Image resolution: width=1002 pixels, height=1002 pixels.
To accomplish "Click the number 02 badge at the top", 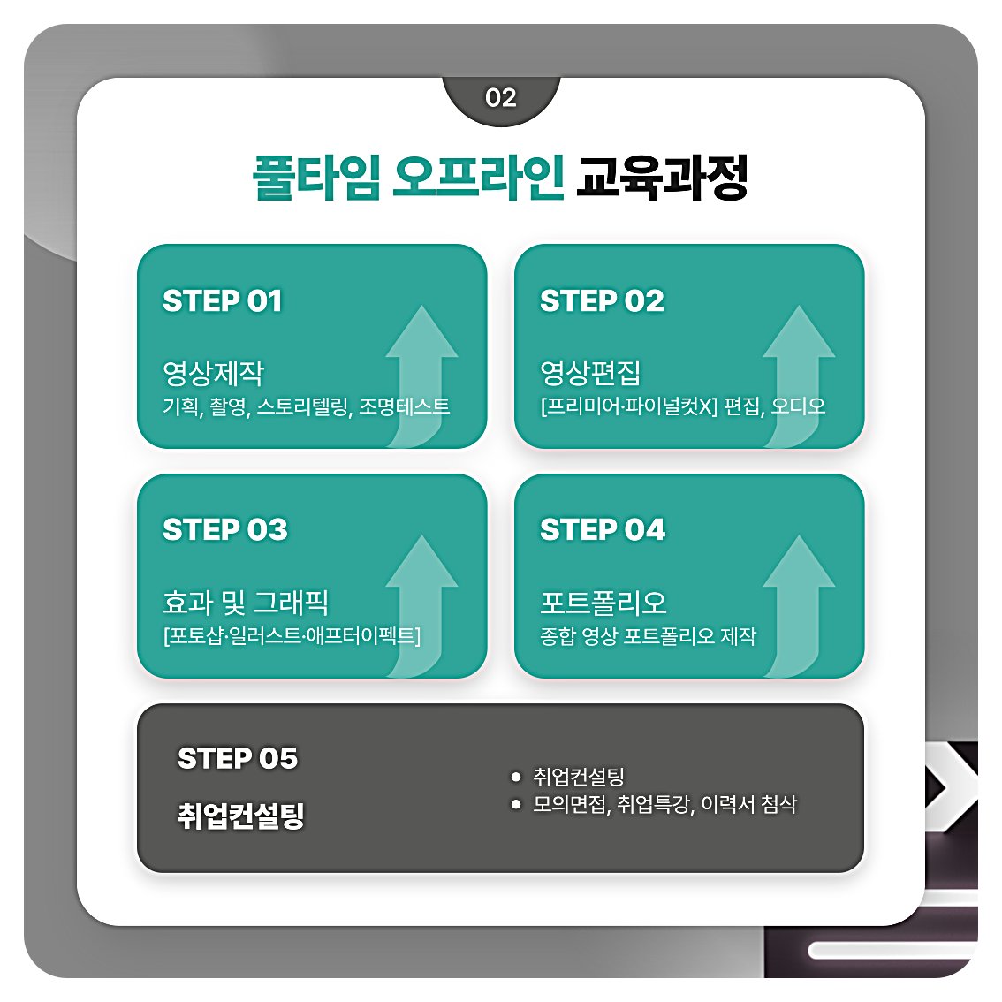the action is point(501,97).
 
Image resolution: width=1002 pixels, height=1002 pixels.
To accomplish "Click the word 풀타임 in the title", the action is point(316,178).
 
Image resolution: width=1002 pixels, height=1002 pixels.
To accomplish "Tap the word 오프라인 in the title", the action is point(478,178).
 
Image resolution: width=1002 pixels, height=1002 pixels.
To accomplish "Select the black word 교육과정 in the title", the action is point(662,178).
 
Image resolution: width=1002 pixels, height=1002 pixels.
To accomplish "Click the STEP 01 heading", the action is point(223,301).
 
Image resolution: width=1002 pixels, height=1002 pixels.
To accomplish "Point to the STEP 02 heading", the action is point(602,301).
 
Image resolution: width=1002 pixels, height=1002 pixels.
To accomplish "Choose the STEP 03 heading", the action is point(225,529).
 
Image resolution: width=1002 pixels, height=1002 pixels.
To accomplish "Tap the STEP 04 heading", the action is point(603,529).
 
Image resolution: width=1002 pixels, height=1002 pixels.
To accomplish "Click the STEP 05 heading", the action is point(238,758).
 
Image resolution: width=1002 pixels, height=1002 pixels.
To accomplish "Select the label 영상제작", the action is point(213,373).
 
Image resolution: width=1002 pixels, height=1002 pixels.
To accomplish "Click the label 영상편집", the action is point(590,373).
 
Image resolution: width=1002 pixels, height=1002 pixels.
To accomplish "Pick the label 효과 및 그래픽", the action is point(246,603).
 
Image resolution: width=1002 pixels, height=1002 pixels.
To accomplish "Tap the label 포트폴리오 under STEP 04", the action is point(603,603).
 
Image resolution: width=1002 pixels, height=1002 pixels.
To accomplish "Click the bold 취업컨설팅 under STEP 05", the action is point(241,815).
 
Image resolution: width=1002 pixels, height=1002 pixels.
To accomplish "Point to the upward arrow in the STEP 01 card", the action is point(421,371).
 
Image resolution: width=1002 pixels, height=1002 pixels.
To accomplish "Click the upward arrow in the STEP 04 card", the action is point(799,601).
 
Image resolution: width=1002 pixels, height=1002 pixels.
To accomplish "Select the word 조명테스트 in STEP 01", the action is point(404,406).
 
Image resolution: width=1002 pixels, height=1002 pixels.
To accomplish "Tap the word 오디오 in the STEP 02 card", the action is point(798,406).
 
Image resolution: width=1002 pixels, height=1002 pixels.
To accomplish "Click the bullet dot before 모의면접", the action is point(516,804).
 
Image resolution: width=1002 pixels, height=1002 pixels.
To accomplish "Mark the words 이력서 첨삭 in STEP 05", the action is point(748,804).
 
